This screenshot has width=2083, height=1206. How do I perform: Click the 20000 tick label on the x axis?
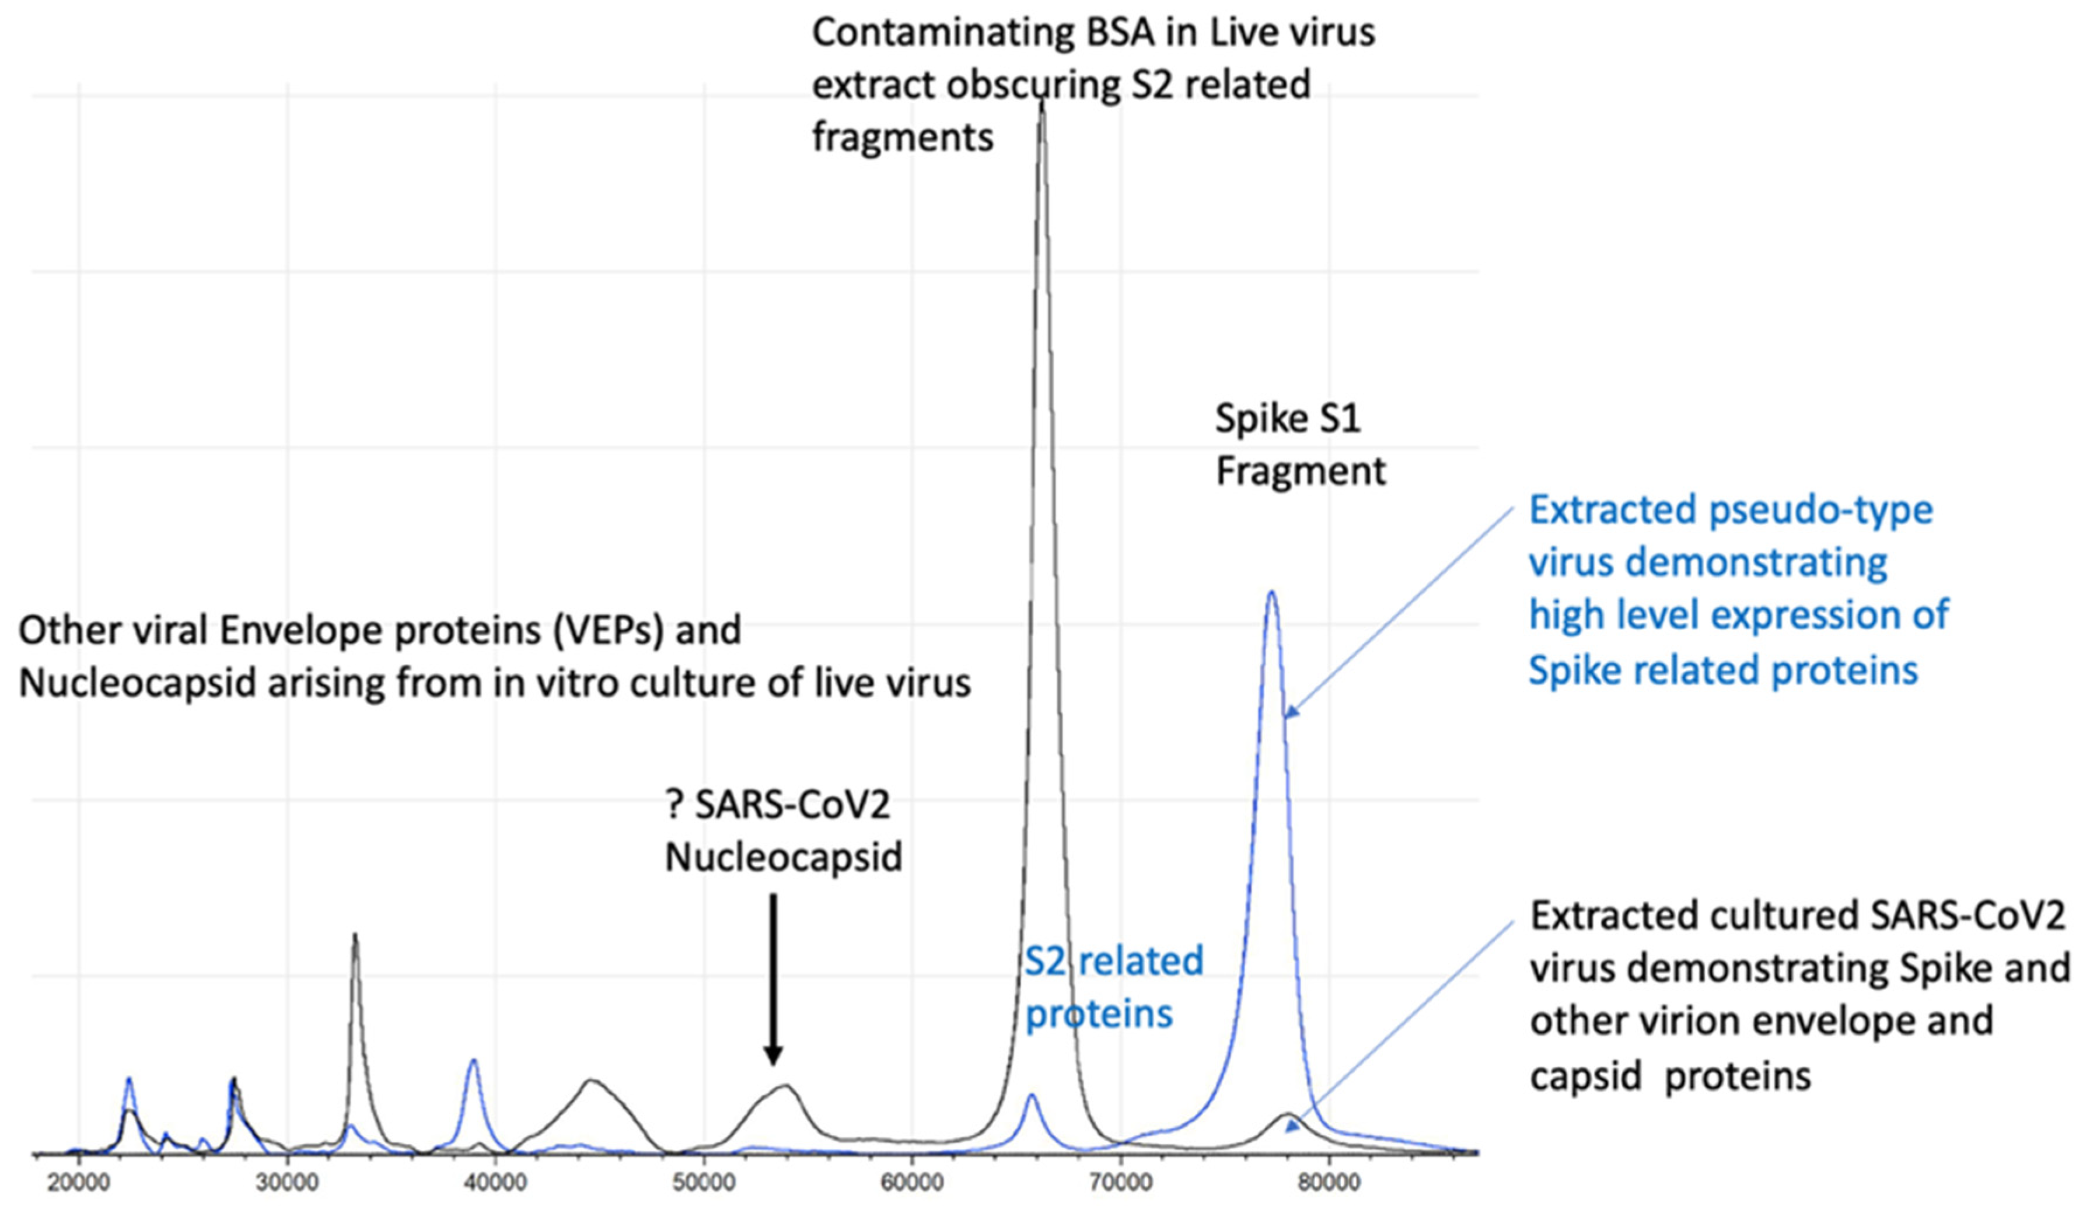[x=79, y=1183]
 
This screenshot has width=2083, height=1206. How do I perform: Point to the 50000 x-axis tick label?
[x=704, y=1183]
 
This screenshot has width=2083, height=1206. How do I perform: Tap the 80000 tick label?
[x=1329, y=1183]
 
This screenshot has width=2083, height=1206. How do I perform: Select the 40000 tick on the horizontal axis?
[x=495, y=1183]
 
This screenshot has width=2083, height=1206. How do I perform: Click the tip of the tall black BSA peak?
[x=1041, y=103]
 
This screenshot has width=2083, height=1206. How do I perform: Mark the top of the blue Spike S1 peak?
[x=1271, y=593]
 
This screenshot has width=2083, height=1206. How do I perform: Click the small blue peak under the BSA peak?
[x=1031, y=1096]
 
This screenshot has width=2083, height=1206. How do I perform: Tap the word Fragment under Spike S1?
[x=1300, y=472]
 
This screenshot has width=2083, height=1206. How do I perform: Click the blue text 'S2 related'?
[x=1113, y=962]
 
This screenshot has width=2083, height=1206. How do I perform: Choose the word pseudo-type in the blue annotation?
[x=1820, y=510]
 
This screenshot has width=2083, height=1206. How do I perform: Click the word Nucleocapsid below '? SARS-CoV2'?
[x=784, y=857]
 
